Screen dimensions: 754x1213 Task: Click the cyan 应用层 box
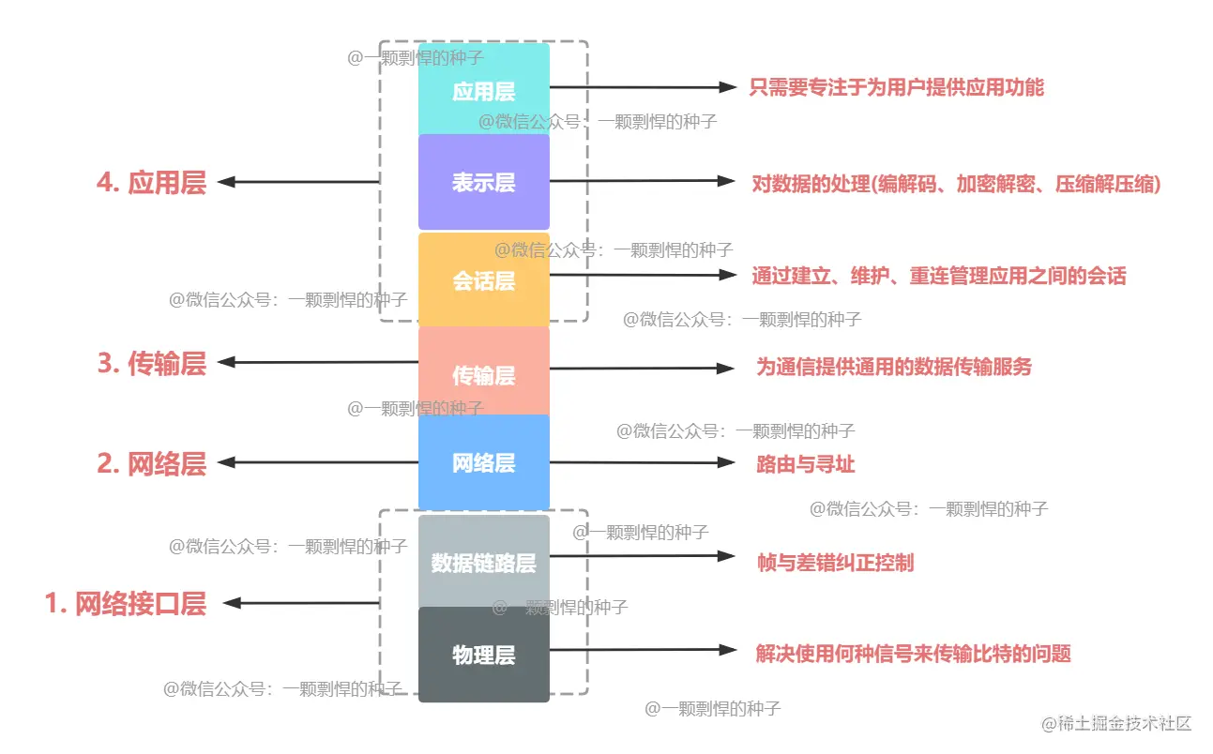[x=483, y=90]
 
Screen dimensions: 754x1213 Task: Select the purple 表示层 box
[x=483, y=182]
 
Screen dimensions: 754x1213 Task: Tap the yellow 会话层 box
[x=483, y=279]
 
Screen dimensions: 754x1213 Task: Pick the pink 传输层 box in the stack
[x=483, y=373]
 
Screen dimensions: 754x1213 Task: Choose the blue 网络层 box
[x=483, y=462]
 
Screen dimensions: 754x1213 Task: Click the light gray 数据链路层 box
[x=483, y=562]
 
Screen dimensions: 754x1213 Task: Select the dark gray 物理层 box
[x=483, y=655]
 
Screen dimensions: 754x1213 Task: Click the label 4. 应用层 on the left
[x=151, y=182]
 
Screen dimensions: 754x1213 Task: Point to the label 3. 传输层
[x=151, y=363]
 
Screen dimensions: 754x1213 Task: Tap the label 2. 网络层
[x=151, y=463]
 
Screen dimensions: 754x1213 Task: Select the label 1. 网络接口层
[x=126, y=603]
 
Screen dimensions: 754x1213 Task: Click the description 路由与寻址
[x=805, y=463]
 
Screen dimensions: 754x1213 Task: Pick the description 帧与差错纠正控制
[x=835, y=562]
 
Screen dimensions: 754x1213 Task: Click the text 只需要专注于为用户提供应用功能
[x=897, y=88]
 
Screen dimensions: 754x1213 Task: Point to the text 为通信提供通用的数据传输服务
[x=894, y=367]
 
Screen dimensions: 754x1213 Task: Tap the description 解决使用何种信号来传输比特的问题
[x=913, y=654]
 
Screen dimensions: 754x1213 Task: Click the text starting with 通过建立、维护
[x=938, y=276]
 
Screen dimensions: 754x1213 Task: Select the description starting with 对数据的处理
[x=956, y=184]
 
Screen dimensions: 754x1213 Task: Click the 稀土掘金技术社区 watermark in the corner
[x=1115, y=723]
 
